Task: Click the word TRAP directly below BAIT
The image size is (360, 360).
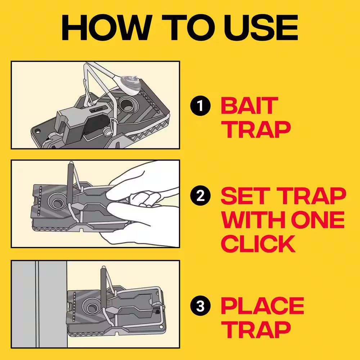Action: click(x=256, y=129)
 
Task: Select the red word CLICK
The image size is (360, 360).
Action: click(x=258, y=244)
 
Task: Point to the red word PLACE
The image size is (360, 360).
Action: click(x=262, y=306)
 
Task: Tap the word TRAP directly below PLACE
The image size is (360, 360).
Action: click(x=256, y=330)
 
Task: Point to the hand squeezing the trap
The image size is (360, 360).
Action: click(x=148, y=202)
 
